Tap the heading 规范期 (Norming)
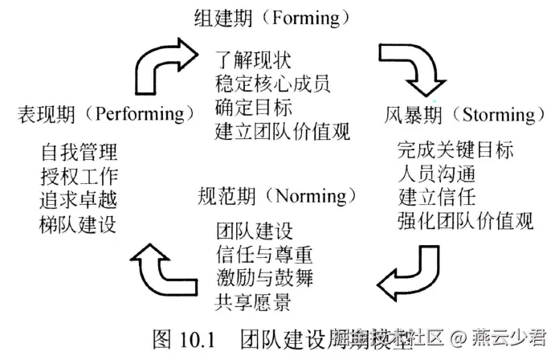pyautogui.click(x=276, y=196)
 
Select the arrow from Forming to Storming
pyautogui.click(x=408, y=68)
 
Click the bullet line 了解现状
pyautogui.click(x=253, y=59)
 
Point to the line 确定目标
pyautogui.click(x=253, y=107)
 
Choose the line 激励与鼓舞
pyautogui.click(x=264, y=279)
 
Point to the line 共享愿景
pyautogui.click(x=253, y=302)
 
